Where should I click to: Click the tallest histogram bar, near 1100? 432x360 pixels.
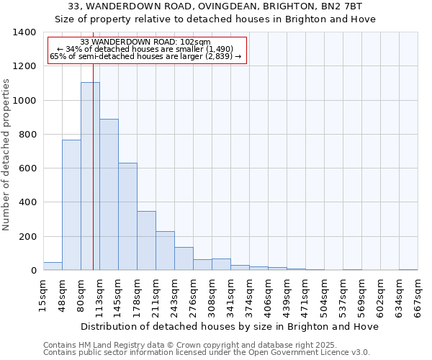[x=90, y=176]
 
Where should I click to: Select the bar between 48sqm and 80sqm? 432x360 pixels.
[x=71, y=205]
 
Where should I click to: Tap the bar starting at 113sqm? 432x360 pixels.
[x=109, y=194]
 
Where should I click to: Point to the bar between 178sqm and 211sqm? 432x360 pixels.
[x=146, y=241]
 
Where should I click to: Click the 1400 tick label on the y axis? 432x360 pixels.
[x=24, y=32]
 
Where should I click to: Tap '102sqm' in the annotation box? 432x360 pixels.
[x=196, y=42]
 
